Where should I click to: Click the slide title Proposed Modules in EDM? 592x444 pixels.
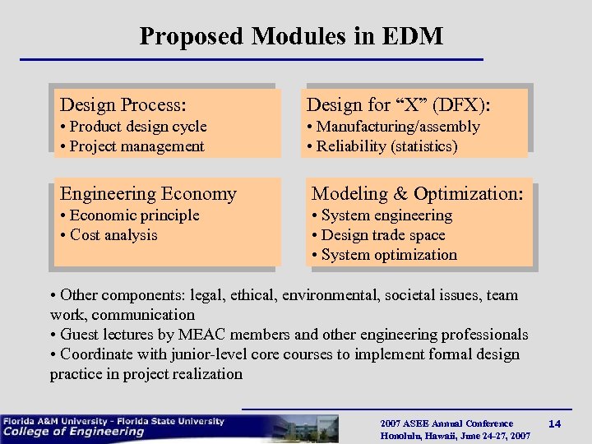click(291, 36)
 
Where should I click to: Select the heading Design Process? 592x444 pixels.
click(123, 105)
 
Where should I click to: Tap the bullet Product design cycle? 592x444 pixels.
click(133, 127)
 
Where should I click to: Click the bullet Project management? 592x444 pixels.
click(132, 146)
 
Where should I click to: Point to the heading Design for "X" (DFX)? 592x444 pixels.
click(399, 105)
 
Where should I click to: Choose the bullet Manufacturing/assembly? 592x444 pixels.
click(393, 127)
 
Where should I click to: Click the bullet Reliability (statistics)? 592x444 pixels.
click(382, 146)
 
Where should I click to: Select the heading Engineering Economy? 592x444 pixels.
click(148, 194)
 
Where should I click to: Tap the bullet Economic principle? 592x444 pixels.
click(130, 215)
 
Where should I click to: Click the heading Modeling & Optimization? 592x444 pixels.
click(417, 194)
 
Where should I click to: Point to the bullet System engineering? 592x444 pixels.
click(382, 215)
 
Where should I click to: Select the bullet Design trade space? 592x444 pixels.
click(382, 235)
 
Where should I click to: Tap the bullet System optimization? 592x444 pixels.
click(384, 255)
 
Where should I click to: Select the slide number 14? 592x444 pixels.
click(554, 423)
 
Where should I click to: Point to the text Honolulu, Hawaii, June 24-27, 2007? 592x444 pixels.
click(455, 436)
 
